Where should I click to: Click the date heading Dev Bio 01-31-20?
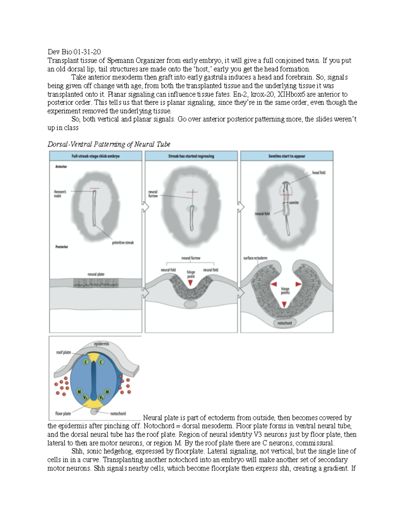coord(74,52)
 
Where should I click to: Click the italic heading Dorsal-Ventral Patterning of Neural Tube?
coord(109,144)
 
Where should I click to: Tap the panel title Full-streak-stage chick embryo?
coord(96,156)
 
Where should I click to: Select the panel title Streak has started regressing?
coord(191,156)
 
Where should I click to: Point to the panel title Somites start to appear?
coord(287,156)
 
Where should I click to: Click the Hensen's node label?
coord(60,194)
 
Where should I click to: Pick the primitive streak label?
coord(123,243)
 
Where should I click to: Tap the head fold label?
coord(319,173)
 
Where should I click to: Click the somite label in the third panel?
coord(294,203)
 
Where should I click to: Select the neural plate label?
coord(96,274)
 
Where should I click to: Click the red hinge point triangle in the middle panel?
coord(191,283)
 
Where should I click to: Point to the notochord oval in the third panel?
coord(285,323)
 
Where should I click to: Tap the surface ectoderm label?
coord(255,258)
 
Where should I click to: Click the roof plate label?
coord(63,352)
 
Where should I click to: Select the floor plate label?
coord(63,413)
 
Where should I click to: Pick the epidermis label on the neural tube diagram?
coord(101,344)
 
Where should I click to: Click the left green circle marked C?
coord(86,362)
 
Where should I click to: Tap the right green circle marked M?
coord(107,392)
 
